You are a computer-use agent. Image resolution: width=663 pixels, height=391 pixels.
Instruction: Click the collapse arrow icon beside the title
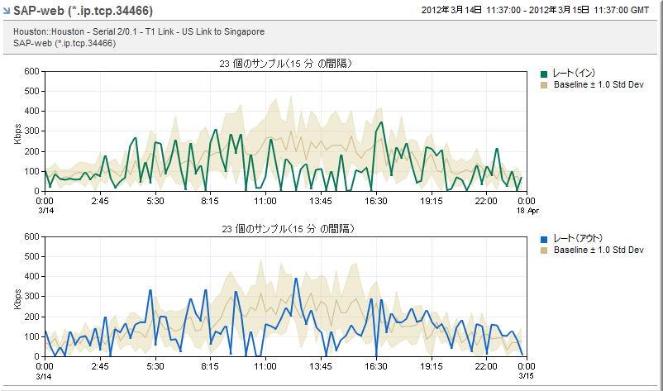pos(7,11)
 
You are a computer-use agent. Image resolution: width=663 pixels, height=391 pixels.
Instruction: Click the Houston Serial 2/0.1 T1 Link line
pos(139,31)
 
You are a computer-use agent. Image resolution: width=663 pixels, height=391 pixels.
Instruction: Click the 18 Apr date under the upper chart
pos(528,211)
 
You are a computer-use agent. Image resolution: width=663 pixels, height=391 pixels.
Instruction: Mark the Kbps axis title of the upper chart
pos(17,131)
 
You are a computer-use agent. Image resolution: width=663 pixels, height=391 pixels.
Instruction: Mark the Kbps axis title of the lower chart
pos(17,297)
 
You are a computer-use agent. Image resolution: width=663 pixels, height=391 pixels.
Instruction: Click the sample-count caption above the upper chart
pos(288,63)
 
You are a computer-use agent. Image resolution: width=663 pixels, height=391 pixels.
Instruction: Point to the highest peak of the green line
pos(381,123)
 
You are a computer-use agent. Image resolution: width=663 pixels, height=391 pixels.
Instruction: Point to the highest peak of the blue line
pos(296,279)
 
